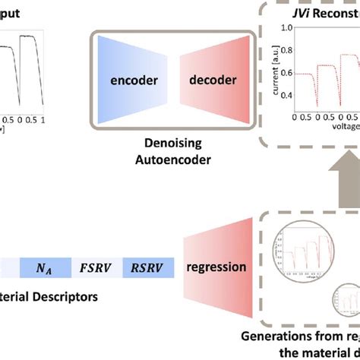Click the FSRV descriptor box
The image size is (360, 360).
tap(95, 267)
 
